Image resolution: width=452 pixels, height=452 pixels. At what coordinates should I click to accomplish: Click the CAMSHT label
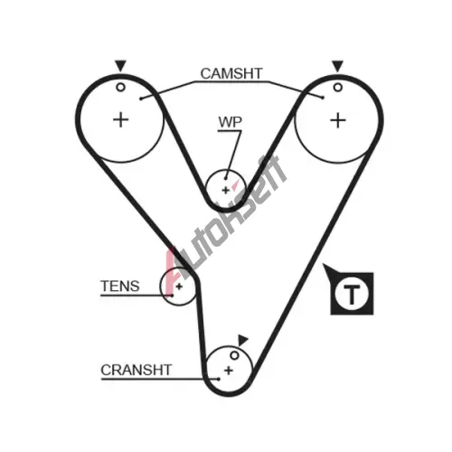[231, 73]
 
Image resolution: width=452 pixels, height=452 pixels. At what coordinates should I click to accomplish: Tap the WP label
[231, 122]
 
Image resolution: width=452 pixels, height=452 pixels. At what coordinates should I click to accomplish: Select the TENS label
[120, 286]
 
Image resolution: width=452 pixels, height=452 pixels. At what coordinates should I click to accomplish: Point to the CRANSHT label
[137, 370]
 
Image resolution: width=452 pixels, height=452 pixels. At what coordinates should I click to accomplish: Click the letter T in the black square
[352, 294]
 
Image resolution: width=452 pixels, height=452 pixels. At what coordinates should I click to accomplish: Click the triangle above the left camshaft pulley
[120, 66]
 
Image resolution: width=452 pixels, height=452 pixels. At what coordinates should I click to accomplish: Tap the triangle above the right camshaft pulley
[337, 66]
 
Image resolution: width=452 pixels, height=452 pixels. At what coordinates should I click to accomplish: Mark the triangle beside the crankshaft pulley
[242, 340]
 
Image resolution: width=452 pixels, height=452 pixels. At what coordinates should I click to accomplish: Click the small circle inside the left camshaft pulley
[120, 88]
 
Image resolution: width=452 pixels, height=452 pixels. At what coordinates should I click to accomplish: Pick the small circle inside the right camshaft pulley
[338, 88]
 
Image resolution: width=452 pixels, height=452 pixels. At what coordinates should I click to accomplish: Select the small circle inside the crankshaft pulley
[234, 355]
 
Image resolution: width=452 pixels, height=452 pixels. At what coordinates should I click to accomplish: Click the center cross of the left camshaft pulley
[121, 120]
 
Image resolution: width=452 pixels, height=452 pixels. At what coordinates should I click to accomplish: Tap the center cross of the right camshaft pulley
[338, 120]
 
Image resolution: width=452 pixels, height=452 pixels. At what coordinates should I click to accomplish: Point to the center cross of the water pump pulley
[225, 191]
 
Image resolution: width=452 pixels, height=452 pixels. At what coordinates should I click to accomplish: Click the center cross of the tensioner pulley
[179, 287]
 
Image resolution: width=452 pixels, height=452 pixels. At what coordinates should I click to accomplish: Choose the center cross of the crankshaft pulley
[229, 371]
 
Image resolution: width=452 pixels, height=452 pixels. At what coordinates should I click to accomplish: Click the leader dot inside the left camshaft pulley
[141, 99]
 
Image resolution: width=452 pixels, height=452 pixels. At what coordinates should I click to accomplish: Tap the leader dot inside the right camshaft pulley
[323, 98]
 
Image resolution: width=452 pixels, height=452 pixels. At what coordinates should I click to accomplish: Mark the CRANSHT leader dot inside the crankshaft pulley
[219, 379]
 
